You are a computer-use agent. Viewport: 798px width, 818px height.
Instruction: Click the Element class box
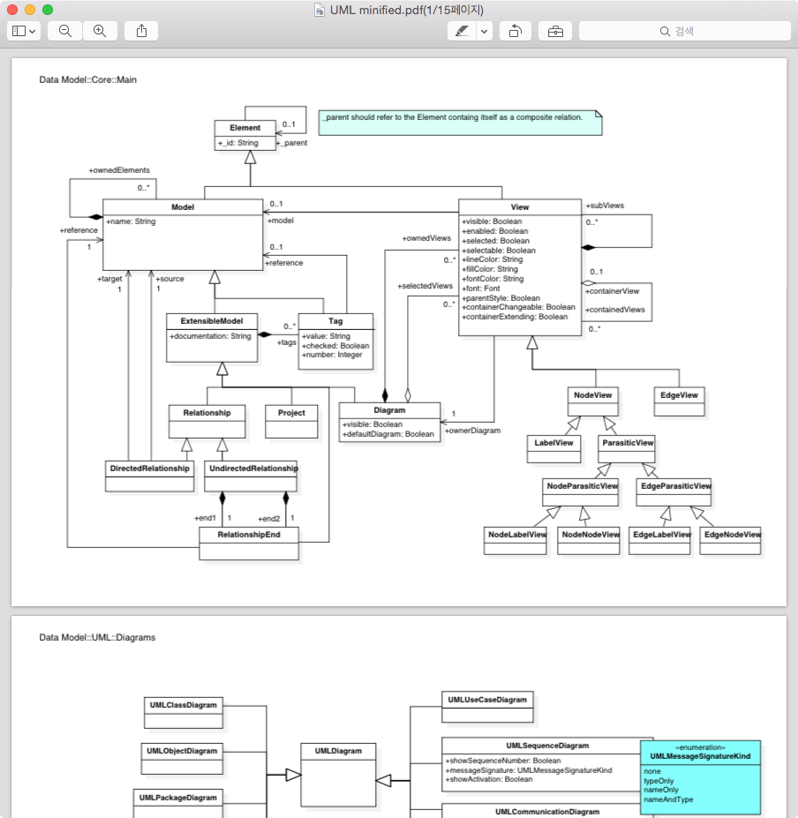pos(245,134)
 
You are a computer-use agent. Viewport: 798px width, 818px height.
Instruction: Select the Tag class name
pos(335,321)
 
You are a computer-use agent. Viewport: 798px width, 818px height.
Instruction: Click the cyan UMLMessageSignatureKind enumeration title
pos(700,756)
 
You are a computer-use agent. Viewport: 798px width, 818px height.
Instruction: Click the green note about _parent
pos(459,122)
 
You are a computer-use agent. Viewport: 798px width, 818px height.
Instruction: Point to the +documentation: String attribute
pos(210,336)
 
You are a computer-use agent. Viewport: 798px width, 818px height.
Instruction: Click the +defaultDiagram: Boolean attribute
pos(388,434)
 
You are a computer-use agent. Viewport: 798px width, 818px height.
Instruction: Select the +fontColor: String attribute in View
pos(493,279)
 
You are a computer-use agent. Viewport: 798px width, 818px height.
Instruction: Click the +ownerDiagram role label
pos(472,431)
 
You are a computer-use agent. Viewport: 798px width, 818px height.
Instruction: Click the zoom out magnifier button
pos(65,31)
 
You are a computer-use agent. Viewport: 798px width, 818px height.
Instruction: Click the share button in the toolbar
pos(141,31)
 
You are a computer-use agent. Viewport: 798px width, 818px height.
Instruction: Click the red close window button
pos(12,10)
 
